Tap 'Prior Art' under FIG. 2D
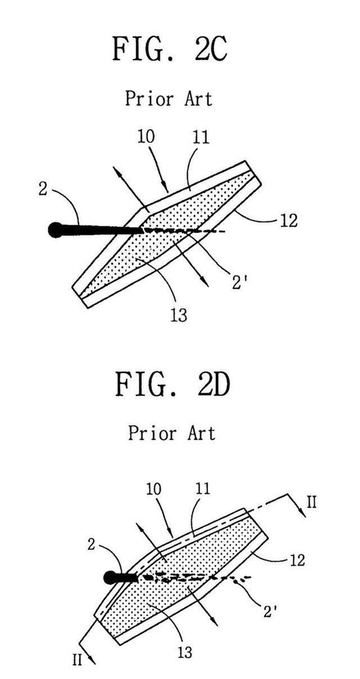[171, 432]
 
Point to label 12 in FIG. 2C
[288, 220]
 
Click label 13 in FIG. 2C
[178, 315]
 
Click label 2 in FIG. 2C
[43, 189]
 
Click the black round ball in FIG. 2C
[56, 230]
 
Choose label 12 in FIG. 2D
[296, 559]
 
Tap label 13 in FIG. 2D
[184, 652]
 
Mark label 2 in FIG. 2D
[92, 544]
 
